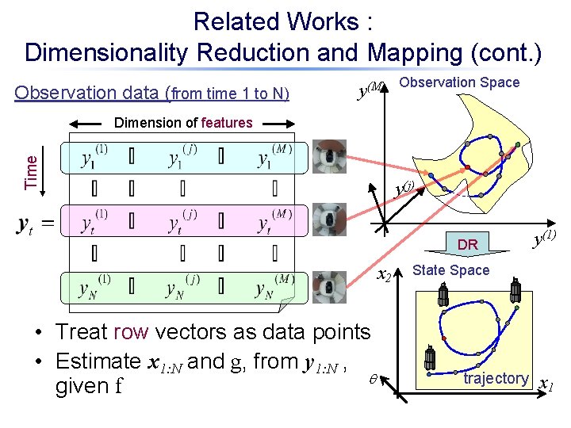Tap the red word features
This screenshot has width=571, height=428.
click(x=227, y=123)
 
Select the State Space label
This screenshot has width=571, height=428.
click(x=450, y=270)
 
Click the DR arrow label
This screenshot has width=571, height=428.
click(x=468, y=245)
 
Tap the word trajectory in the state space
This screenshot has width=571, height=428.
click(x=496, y=378)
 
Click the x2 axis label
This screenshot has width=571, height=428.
click(x=384, y=275)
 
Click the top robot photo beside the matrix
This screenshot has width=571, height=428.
click(x=328, y=157)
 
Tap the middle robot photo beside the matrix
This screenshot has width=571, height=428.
click(x=328, y=220)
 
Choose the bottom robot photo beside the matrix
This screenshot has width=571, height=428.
click(x=327, y=288)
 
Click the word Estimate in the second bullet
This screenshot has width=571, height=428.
click(x=98, y=361)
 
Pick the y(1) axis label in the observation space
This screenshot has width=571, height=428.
click(x=543, y=235)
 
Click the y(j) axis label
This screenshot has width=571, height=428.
click(x=404, y=189)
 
